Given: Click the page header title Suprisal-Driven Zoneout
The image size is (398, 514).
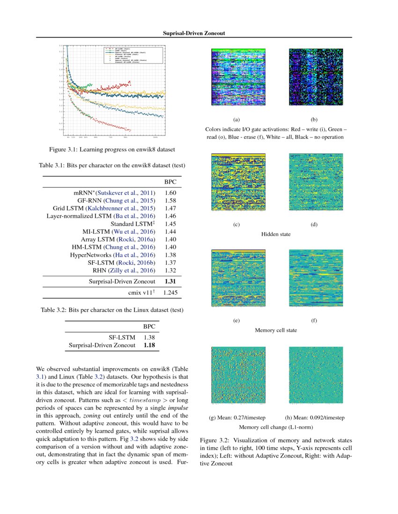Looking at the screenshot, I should (x=194, y=34).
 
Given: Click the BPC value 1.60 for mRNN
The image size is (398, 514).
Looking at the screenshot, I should (x=170, y=193).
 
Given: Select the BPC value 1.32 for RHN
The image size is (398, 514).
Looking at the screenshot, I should (x=170, y=270).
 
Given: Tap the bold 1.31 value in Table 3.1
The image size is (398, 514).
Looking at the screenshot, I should (x=170, y=281).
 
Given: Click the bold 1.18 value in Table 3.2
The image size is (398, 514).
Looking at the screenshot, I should (x=149, y=345).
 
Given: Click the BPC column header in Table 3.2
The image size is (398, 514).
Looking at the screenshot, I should (x=149, y=327).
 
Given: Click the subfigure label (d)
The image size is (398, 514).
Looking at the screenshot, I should (x=314, y=225).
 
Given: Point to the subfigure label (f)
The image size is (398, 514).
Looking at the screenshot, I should (x=314, y=321).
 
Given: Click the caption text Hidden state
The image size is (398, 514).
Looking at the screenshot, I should (x=275, y=234).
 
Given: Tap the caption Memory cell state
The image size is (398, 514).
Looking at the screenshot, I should (x=275, y=330).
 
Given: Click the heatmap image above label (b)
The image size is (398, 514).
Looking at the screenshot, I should (x=314, y=77).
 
